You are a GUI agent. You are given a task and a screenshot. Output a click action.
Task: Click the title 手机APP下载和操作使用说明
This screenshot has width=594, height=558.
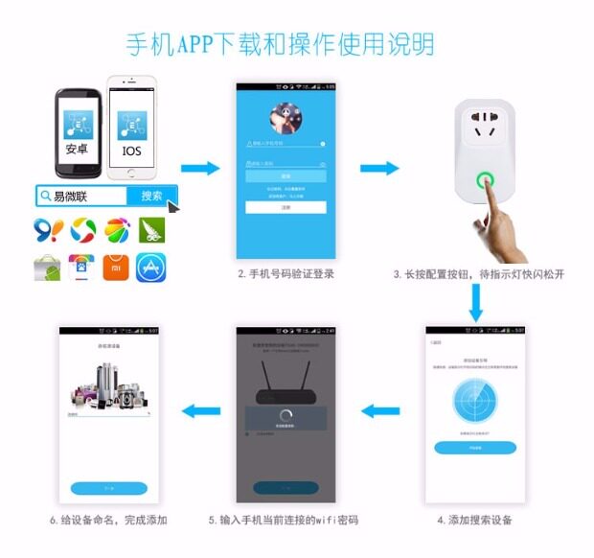(280, 43)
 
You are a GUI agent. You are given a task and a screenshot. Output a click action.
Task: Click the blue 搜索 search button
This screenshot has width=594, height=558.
(151, 196)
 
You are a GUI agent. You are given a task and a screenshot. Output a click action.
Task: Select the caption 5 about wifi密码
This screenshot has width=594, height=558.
(284, 521)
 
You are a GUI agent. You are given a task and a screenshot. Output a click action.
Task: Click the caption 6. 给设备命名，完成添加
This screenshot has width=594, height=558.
(108, 521)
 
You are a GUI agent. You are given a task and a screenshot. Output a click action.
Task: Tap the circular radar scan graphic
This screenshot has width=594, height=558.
(475, 404)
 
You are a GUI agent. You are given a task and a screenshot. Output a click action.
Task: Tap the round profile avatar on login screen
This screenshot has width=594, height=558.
(286, 118)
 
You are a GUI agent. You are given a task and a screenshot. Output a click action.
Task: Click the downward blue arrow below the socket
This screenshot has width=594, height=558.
(476, 304)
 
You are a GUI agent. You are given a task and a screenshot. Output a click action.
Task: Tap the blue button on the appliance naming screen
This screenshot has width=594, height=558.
(108, 488)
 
